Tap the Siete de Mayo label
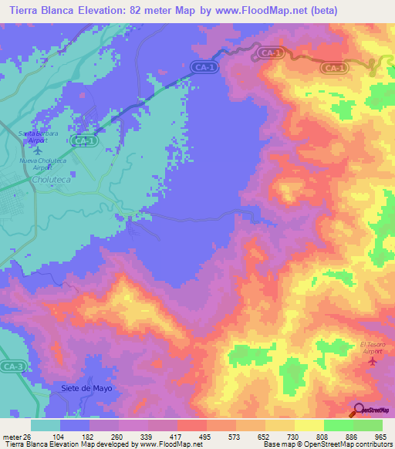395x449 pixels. pos(86,388)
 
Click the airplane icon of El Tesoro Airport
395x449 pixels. pos(373,360)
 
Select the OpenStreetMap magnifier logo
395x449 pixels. pos(360,410)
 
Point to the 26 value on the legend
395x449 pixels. pos(30,437)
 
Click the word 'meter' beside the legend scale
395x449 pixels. pos(12,437)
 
